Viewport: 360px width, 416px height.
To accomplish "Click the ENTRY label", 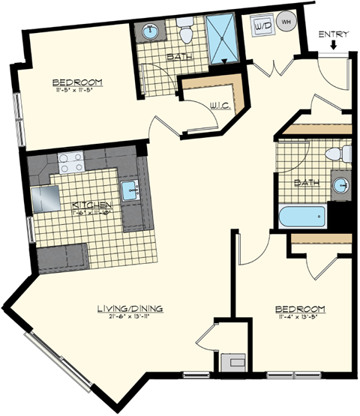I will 333,34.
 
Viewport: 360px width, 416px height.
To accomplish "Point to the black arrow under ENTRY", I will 333,47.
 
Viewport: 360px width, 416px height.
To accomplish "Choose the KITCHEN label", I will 92,205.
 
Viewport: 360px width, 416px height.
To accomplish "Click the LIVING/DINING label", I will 130,308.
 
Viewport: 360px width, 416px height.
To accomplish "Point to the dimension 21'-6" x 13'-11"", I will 130,316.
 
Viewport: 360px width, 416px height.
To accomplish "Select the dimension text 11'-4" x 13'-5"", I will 299,317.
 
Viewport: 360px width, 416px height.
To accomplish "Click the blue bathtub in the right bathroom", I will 302,218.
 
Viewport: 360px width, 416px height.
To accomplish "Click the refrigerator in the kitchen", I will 45,199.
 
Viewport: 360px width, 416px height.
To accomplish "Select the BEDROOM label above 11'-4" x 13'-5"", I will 299,309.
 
